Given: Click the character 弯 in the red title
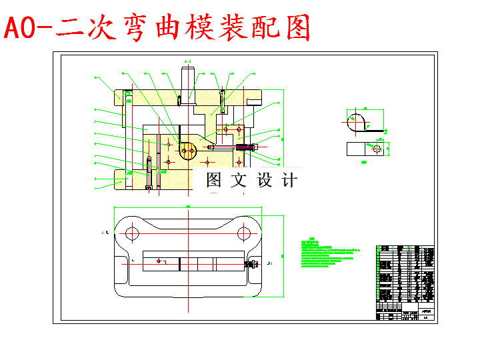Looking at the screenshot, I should (128, 28).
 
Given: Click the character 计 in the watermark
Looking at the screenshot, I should (288, 180).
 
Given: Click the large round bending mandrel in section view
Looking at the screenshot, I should (187, 151).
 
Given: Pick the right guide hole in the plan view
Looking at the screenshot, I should (245, 233).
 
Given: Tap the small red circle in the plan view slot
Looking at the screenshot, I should (159, 261).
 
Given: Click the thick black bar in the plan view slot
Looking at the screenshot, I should (180, 264).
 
